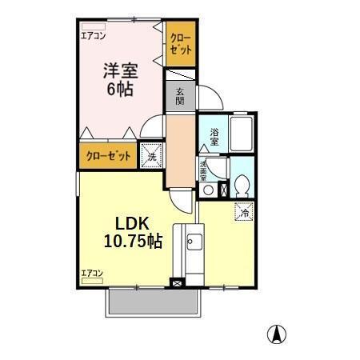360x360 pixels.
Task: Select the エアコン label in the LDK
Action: click(93, 274)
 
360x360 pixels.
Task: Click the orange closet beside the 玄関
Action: click(179, 47)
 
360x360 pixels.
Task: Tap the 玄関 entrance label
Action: click(180, 96)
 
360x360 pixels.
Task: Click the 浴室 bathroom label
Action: click(214, 136)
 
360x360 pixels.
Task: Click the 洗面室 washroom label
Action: click(204, 169)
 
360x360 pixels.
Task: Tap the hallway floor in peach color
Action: click(180, 148)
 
